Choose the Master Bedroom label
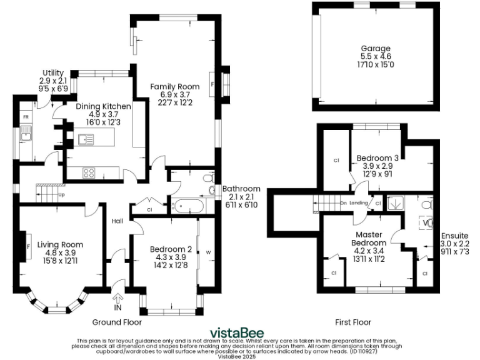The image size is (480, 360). [x=368, y=238]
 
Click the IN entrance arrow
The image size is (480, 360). [x=118, y=301]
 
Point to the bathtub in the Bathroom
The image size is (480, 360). [x=187, y=204]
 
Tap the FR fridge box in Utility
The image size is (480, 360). [x=26, y=117]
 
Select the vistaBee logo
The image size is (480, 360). [x=236, y=332]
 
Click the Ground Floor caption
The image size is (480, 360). [x=117, y=322]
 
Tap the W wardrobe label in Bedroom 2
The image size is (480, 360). [x=208, y=252]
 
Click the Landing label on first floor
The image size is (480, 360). [x=359, y=202]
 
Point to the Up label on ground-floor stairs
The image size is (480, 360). [x=61, y=194]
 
